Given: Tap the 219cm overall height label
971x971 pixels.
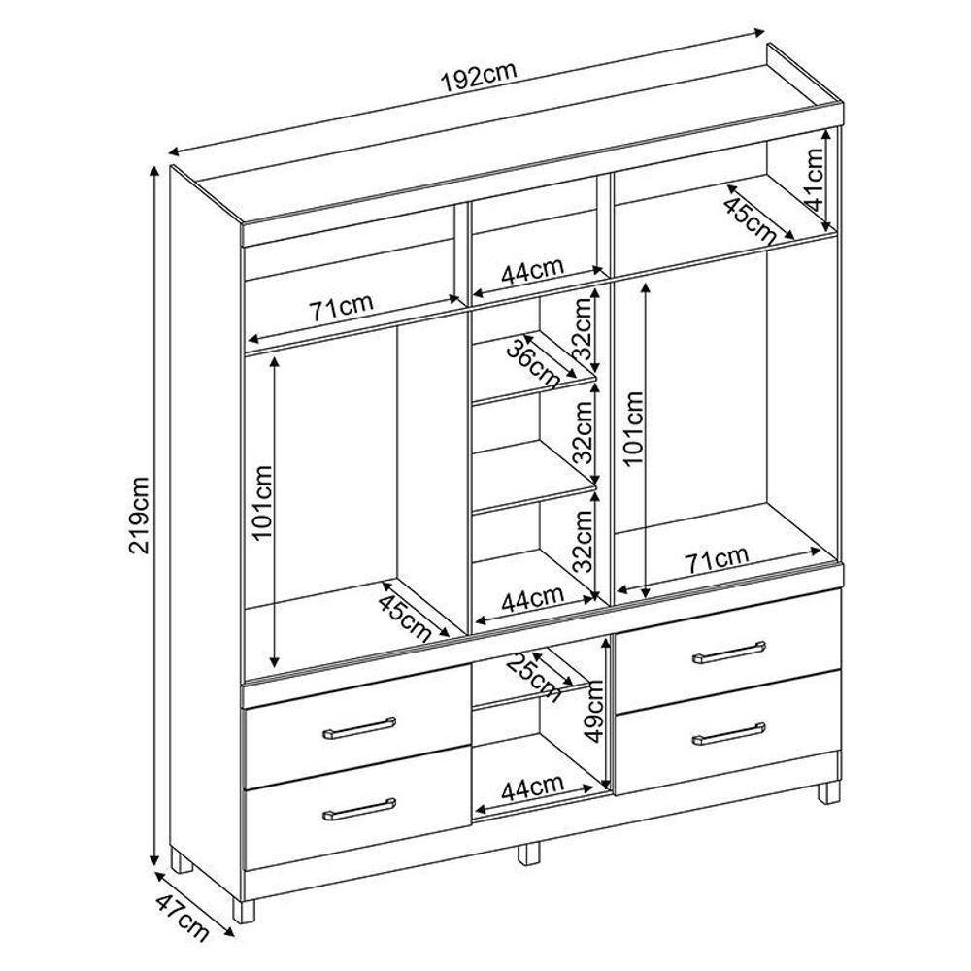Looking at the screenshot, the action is tap(139, 516).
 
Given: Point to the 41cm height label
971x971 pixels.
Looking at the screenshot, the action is tap(812, 181).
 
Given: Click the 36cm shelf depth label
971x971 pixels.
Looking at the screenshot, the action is tap(532, 363).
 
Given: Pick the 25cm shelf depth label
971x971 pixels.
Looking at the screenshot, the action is tap(534, 678).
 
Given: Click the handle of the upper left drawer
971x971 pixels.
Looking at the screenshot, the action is tap(359, 728).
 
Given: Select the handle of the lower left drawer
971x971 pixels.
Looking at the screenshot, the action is tap(359, 809).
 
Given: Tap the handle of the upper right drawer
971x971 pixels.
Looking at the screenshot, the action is tap(729, 653).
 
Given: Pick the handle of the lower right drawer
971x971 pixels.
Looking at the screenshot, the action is tap(729, 733).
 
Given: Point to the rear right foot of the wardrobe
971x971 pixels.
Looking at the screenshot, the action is tap(828, 793).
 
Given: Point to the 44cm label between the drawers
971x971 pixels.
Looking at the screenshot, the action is tap(532, 787).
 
